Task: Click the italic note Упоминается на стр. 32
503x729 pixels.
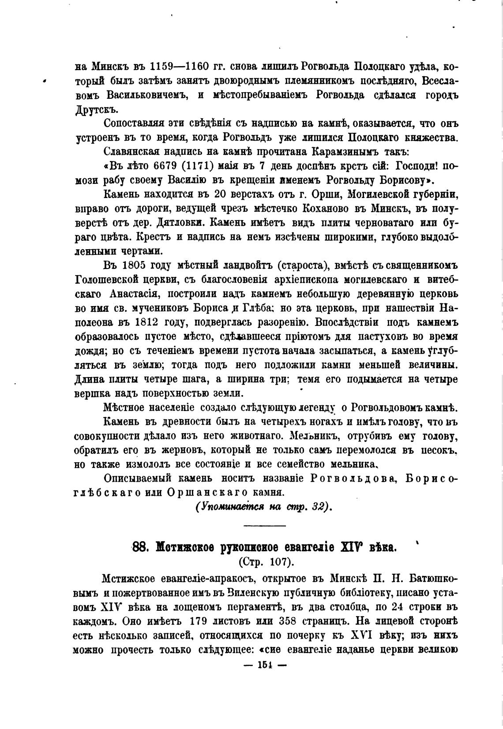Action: pos(263,507)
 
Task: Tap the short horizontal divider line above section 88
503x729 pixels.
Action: pos(264,525)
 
